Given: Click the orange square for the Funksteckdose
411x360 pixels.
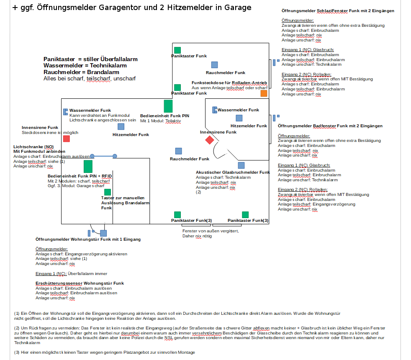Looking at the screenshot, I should (x=264, y=93).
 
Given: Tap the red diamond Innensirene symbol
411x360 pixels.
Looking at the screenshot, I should (x=210, y=140).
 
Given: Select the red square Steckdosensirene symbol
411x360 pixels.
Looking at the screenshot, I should (x=67, y=139).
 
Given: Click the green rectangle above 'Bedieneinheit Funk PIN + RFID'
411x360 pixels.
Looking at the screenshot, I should (x=88, y=166).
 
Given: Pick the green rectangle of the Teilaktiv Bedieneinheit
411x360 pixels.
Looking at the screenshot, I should (x=168, y=106).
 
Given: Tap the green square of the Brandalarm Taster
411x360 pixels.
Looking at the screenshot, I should (x=108, y=192).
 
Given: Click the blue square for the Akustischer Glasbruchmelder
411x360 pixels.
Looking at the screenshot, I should (x=241, y=165).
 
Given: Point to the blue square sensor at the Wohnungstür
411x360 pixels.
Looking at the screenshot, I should (x=103, y=233).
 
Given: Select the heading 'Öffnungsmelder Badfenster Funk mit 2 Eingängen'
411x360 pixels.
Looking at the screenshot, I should (x=330, y=126).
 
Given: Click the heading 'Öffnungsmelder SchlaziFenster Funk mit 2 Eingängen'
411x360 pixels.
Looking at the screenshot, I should (x=338, y=10).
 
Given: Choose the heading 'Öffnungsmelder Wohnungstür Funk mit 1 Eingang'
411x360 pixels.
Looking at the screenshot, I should (x=88, y=239).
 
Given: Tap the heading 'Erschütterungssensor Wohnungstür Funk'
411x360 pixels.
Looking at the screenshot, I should (x=80, y=283).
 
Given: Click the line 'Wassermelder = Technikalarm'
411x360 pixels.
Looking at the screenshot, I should (x=85, y=66).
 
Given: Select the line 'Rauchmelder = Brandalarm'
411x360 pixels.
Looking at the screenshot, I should (x=81, y=72).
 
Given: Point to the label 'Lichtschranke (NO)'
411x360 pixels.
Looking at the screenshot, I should (x=33, y=147).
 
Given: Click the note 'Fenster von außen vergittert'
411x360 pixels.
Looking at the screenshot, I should (x=211, y=231).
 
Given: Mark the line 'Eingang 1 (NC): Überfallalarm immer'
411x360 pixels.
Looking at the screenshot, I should (x=71, y=274).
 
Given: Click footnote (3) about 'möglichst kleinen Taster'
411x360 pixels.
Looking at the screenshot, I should (x=105, y=352).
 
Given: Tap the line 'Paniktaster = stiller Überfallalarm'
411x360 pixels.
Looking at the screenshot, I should (x=90, y=59).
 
